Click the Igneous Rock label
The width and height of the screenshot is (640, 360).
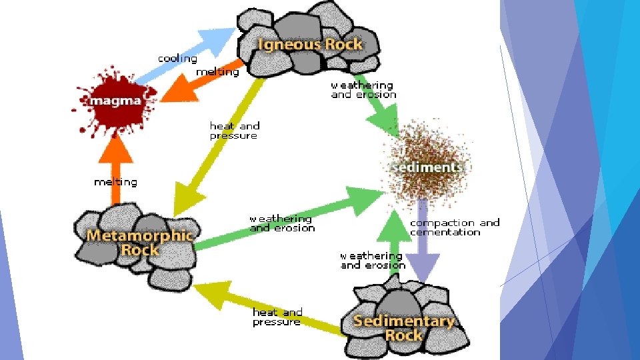tap(311, 45)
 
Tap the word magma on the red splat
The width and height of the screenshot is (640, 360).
tap(116, 101)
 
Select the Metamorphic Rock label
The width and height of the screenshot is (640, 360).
tap(140, 243)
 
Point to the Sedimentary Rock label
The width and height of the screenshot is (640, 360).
tap(404, 328)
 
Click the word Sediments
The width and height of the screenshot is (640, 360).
tap(427, 167)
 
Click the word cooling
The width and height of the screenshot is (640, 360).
tap(177, 59)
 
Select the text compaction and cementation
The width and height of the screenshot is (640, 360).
tap(455, 227)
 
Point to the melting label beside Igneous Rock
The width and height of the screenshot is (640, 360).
tap(217, 72)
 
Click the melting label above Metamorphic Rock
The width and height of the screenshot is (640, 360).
tap(115, 182)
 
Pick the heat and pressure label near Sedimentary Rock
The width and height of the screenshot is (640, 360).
tap(277, 317)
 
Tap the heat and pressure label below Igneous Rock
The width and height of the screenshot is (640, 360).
tap(235, 131)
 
